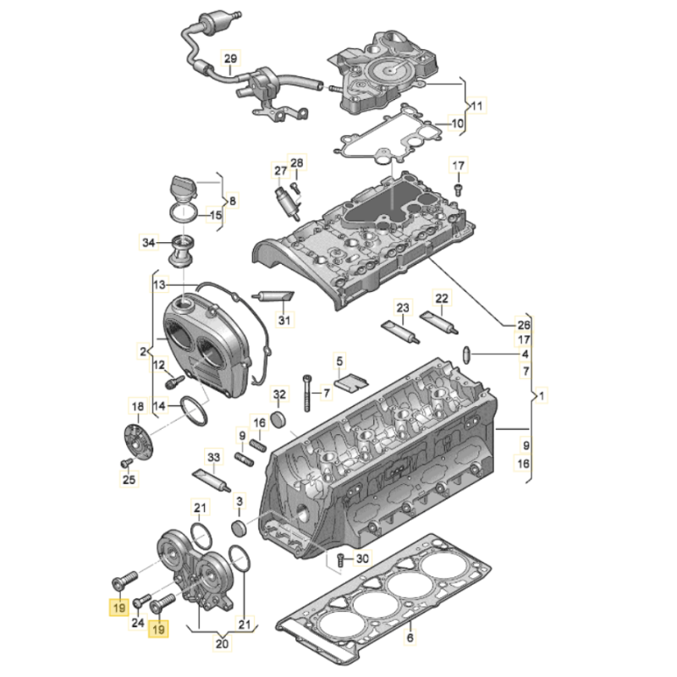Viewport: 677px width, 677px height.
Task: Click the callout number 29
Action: click(229, 58)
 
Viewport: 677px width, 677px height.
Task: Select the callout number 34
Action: click(148, 244)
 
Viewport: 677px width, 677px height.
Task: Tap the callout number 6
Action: click(409, 639)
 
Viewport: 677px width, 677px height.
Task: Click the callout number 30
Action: click(362, 559)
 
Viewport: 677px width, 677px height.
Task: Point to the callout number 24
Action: click(136, 625)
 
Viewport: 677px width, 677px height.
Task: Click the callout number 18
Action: click(136, 405)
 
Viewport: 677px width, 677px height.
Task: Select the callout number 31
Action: click(284, 320)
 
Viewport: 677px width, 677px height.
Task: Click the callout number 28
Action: click(296, 163)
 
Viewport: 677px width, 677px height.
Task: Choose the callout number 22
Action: click(442, 298)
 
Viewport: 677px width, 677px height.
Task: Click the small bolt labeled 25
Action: click(126, 463)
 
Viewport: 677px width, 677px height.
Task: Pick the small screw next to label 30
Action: click(340, 559)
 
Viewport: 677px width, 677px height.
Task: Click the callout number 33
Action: click(213, 458)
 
